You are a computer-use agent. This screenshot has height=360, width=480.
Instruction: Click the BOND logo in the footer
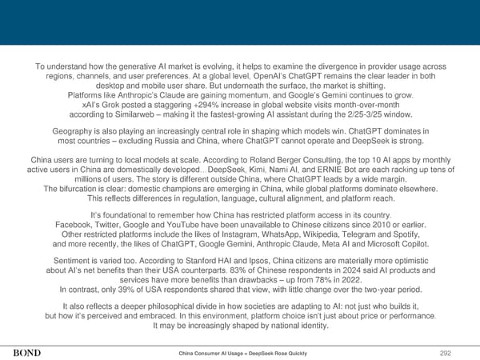[x=27, y=350]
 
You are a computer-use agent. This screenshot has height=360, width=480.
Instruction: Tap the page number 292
[x=459, y=350]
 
